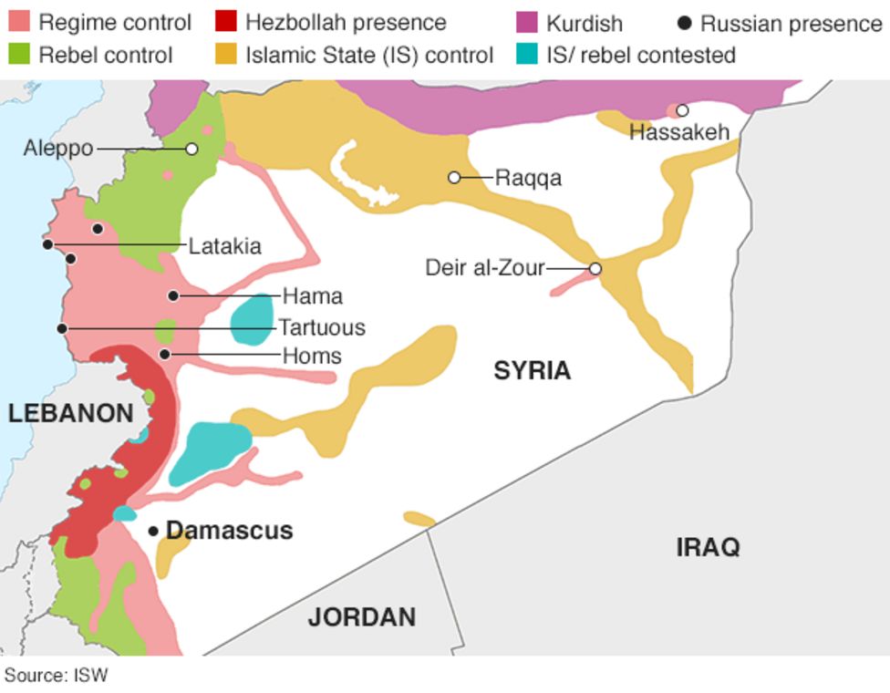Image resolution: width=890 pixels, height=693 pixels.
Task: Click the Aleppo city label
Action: (x=57, y=148)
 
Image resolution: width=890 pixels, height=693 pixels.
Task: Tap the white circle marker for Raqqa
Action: (x=454, y=177)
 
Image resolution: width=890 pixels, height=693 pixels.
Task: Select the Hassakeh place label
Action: (x=679, y=132)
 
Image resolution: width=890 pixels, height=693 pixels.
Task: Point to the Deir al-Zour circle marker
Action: (x=595, y=269)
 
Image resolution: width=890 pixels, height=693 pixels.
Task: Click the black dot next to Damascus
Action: (x=153, y=531)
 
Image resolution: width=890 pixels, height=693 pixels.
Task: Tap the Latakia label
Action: (x=224, y=245)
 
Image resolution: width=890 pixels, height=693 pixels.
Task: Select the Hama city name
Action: (x=312, y=296)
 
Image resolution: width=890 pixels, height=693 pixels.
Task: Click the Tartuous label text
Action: (x=321, y=327)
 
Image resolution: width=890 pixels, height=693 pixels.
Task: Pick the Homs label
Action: (x=312, y=356)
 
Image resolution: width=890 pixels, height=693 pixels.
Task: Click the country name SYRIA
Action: (x=533, y=370)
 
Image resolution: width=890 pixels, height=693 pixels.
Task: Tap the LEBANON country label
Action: (x=71, y=413)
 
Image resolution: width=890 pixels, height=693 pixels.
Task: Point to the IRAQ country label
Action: (x=708, y=547)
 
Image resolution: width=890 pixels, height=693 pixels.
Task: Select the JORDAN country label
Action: (x=361, y=617)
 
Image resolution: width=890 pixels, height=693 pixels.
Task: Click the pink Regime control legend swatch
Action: (x=19, y=22)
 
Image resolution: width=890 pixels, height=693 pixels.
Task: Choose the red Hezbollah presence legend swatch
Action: (x=226, y=22)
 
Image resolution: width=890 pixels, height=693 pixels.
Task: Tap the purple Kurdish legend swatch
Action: (x=527, y=22)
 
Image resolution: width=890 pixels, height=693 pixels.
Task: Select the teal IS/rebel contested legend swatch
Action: (x=527, y=55)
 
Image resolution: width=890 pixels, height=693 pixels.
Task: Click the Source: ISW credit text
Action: (x=56, y=676)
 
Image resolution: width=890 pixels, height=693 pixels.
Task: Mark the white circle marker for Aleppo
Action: (x=191, y=149)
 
